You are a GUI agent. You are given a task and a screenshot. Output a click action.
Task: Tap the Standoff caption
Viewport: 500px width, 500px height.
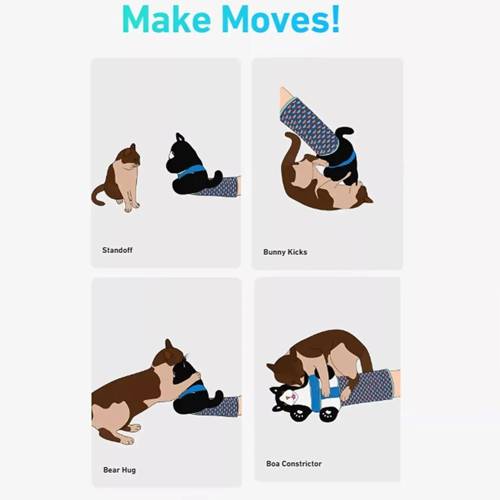tap(117, 250)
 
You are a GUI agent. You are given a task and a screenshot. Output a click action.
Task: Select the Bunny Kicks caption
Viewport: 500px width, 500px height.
tap(285, 252)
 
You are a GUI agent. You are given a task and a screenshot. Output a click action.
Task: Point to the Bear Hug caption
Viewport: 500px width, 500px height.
tap(119, 470)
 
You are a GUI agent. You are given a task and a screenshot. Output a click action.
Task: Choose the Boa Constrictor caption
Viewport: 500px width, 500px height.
tap(294, 463)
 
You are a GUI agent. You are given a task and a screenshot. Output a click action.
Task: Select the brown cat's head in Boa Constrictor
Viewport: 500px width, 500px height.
tap(282, 370)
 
